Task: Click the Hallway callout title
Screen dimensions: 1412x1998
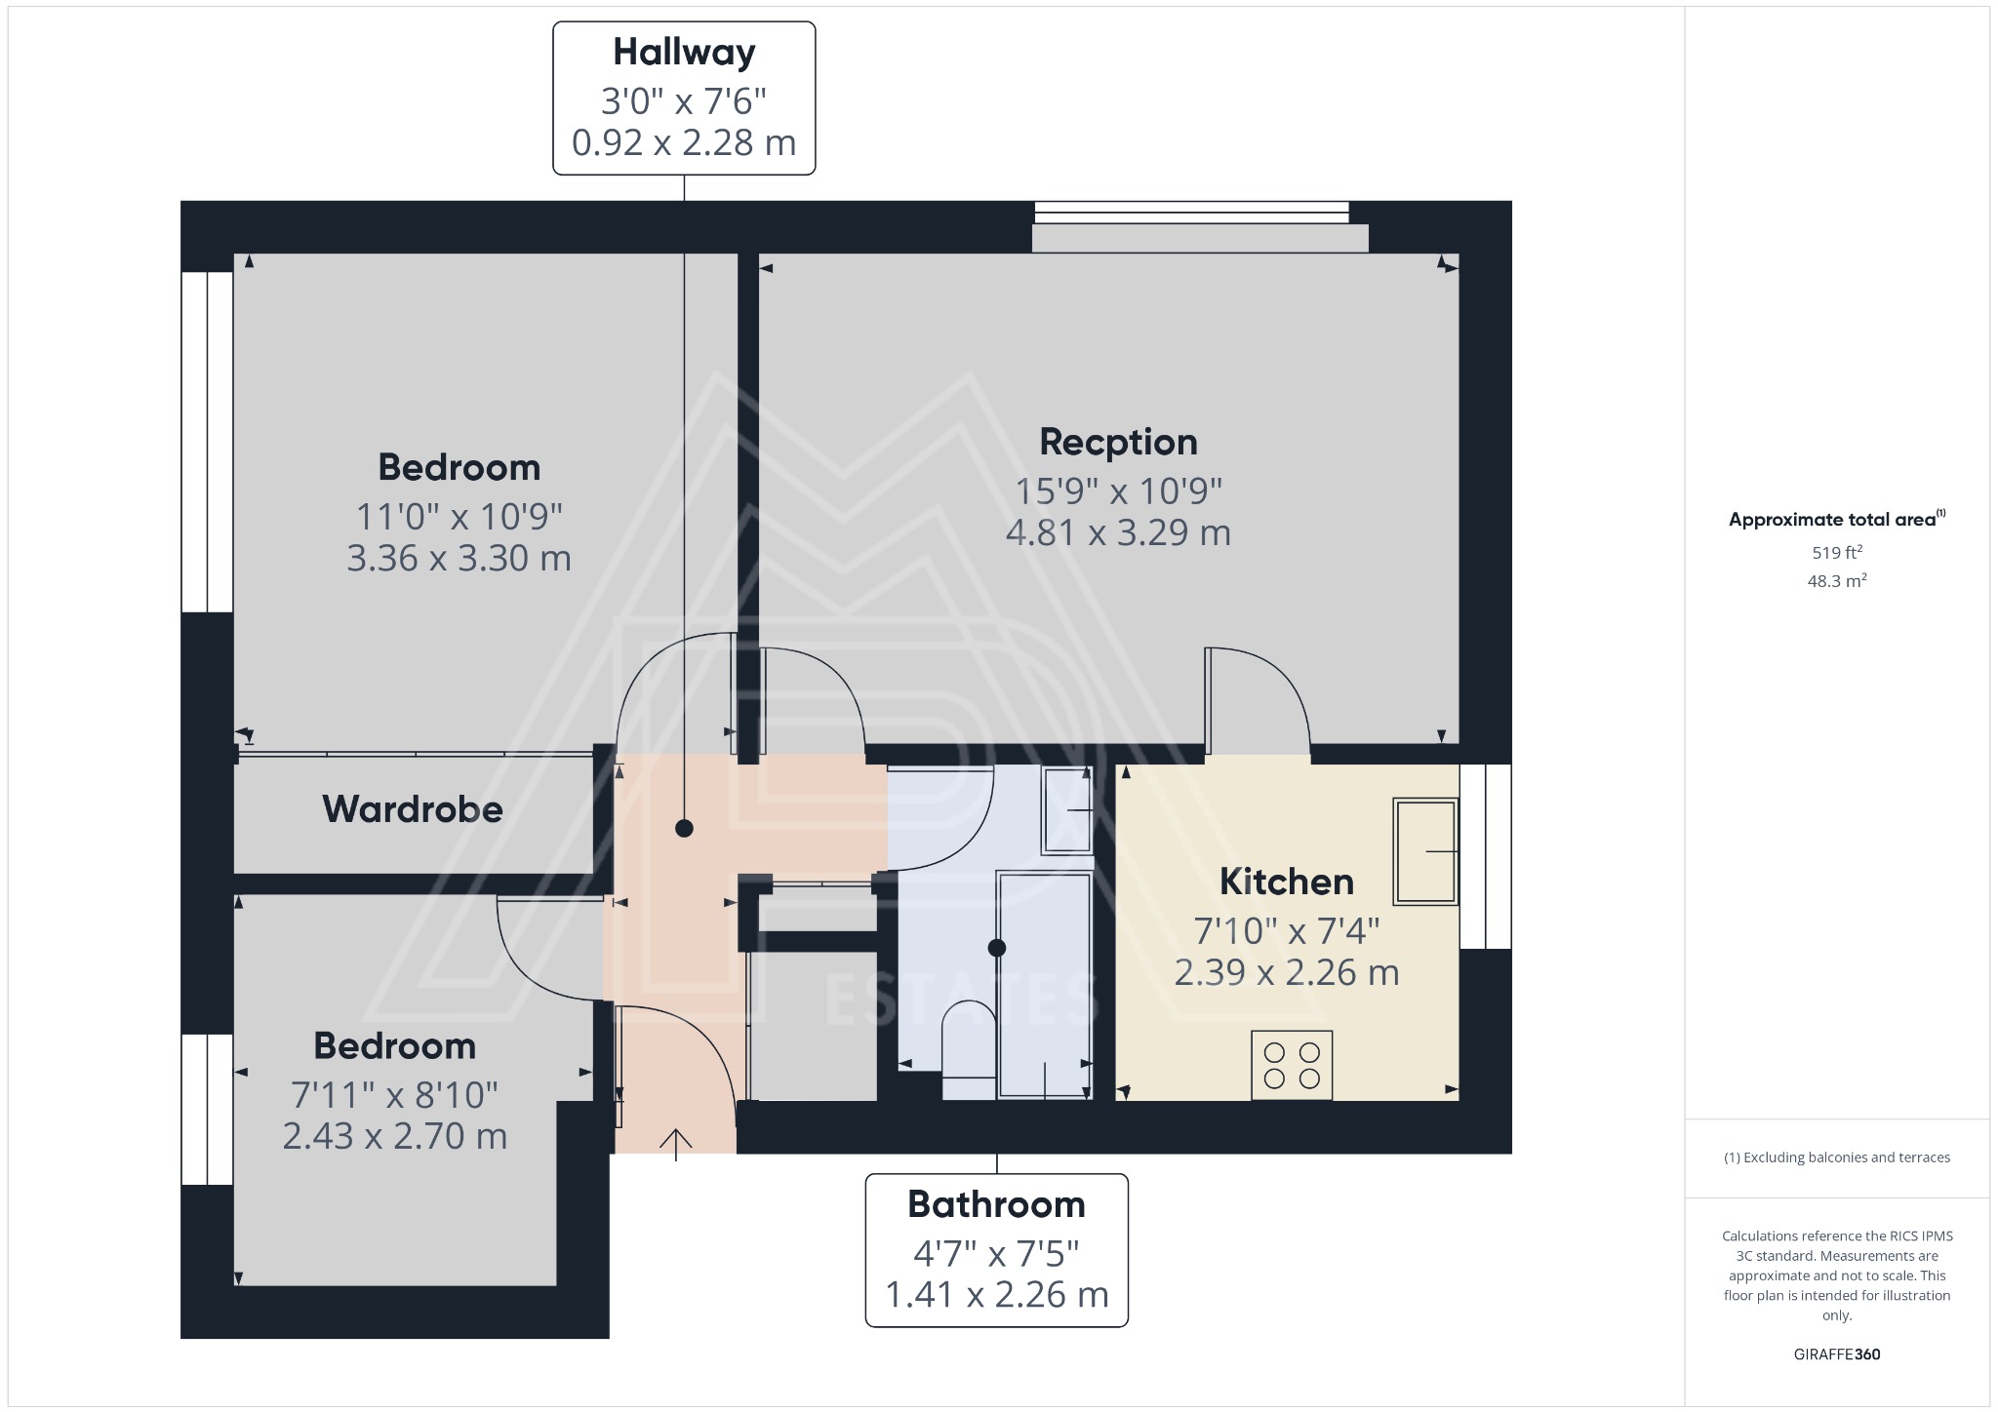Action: pyautogui.click(x=684, y=53)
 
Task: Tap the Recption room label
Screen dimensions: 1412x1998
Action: pyautogui.click(x=1118, y=442)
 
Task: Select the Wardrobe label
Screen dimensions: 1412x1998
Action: pyautogui.click(x=413, y=809)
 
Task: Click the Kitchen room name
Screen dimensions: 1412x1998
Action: pyautogui.click(x=1286, y=882)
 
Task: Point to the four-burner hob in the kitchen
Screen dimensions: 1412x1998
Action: pyautogui.click(x=1292, y=1065)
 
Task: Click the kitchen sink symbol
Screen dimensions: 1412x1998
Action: pyautogui.click(x=1425, y=851)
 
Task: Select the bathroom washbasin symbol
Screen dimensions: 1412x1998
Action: pyautogui.click(x=1066, y=810)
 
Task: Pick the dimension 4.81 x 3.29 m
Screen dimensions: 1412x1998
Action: pyautogui.click(x=1118, y=532)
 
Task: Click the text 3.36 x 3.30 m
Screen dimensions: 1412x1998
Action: pyautogui.click(x=459, y=558)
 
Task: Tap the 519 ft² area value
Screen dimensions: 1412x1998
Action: pyautogui.click(x=1836, y=552)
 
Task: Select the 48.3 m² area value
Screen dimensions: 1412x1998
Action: pyautogui.click(x=1836, y=581)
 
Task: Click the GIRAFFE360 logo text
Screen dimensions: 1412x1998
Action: pyautogui.click(x=1836, y=1353)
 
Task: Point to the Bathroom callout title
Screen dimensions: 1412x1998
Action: pyautogui.click(x=996, y=1204)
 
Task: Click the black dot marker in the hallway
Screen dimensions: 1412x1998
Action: pyautogui.click(x=684, y=829)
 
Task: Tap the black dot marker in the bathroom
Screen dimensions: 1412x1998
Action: pyautogui.click(x=996, y=947)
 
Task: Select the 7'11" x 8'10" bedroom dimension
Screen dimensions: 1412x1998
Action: pyautogui.click(x=394, y=1095)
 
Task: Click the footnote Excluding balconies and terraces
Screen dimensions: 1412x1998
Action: pyautogui.click(x=1836, y=1157)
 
